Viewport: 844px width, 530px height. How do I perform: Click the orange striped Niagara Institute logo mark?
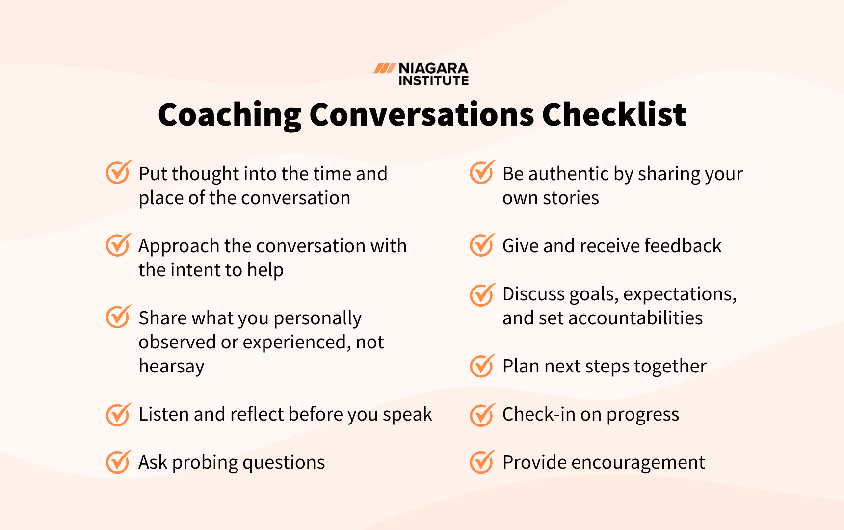click(x=385, y=68)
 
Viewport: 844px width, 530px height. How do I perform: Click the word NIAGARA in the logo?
click(x=433, y=68)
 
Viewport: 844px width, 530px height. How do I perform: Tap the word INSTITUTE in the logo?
click(x=433, y=80)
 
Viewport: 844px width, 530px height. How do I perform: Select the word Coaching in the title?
click(x=229, y=115)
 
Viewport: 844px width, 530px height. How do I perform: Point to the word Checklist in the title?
click(x=614, y=115)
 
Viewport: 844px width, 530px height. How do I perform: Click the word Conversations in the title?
click(x=422, y=115)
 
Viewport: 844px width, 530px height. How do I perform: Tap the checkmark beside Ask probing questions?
click(x=118, y=462)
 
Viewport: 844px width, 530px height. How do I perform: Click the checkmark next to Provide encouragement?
click(x=482, y=462)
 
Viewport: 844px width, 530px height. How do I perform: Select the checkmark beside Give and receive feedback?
click(x=482, y=245)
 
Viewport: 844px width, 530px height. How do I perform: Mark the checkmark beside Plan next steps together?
click(x=482, y=366)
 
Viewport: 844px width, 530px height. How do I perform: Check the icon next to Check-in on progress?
click(x=482, y=415)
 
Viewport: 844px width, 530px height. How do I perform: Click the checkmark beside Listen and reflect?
click(x=118, y=415)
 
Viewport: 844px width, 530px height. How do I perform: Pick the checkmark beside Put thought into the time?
click(x=118, y=172)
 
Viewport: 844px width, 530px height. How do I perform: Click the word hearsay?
click(x=171, y=367)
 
